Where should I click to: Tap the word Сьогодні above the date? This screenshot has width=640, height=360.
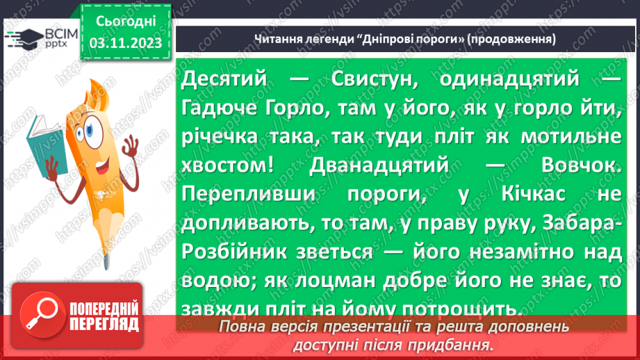[126, 23]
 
